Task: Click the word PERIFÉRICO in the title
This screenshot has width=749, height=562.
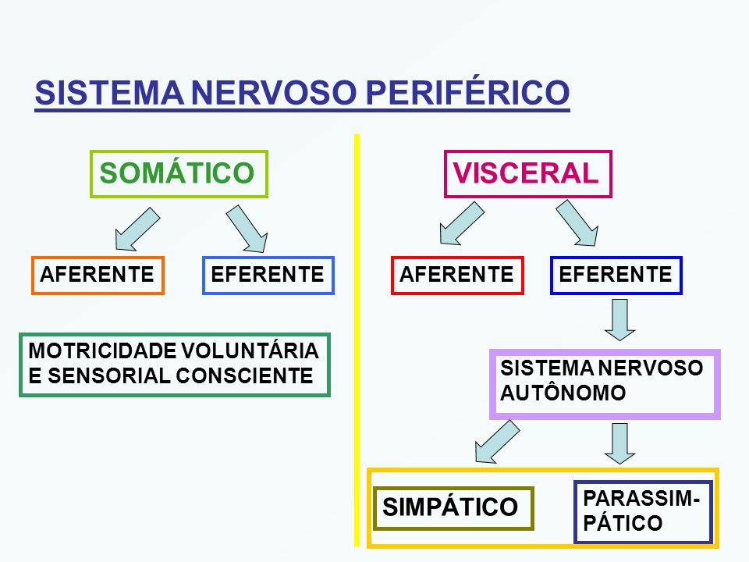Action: [467, 92]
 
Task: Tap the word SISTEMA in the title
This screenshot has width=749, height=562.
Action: [109, 93]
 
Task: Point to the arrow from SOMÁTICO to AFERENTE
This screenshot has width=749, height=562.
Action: [137, 229]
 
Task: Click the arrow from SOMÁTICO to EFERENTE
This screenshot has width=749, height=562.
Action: [247, 229]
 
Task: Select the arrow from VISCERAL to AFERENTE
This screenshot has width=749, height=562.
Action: [462, 224]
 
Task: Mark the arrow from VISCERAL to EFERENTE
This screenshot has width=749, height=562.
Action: [577, 223]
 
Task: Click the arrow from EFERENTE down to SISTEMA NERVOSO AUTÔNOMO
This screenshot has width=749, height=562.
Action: [619, 320]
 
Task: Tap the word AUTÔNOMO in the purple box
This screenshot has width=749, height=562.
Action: [563, 393]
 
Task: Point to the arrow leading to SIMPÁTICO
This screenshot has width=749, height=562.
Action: [497, 442]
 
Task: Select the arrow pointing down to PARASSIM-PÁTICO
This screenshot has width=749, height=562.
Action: [619, 443]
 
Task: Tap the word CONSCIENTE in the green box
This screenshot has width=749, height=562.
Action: [244, 375]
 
